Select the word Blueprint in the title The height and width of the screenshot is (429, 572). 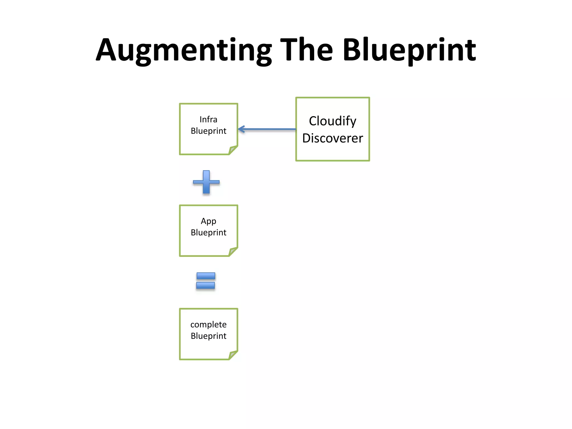pos(409,50)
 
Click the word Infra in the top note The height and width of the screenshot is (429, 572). pos(208,120)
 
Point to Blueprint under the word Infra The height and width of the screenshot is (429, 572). pos(208,131)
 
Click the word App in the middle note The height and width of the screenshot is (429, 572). pos(208,221)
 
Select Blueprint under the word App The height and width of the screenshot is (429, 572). pos(208,233)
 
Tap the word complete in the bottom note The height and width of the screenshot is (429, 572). pos(208,325)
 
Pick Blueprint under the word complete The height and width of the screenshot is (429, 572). pos(208,336)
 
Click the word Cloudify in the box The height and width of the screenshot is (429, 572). pos(332,121)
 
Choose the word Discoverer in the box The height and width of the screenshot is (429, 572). pos(332,138)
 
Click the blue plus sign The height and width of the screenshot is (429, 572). pos(206,182)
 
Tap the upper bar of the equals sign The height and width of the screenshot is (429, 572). pos(206,276)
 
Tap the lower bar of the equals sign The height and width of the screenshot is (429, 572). pos(206,285)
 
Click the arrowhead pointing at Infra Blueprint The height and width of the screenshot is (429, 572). pos(241,129)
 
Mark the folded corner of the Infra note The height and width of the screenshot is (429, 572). pos(233,150)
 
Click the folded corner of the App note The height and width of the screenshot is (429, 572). pos(233,252)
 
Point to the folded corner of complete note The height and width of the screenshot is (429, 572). pos(233,355)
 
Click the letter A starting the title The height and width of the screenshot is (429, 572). pos(106,50)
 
